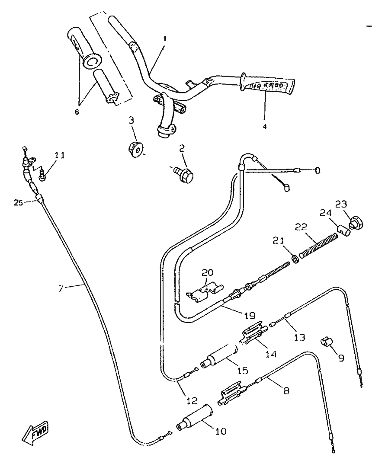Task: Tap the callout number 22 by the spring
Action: click(x=301, y=227)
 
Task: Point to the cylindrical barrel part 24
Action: click(x=344, y=228)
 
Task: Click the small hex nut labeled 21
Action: click(x=293, y=259)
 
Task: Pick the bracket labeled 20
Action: click(x=203, y=291)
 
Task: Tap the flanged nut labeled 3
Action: click(x=136, y=148)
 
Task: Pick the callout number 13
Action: click(x=299, y=336)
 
